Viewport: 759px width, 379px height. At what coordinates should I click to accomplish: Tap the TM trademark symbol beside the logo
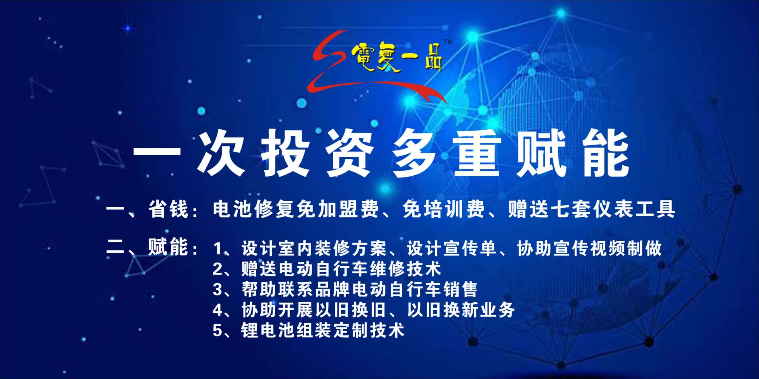(448, 42)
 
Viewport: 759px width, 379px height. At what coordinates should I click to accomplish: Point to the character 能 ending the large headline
(606, 153)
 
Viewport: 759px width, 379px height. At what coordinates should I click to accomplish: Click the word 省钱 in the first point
(168, 209)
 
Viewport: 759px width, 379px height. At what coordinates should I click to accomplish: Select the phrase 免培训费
(444, 209)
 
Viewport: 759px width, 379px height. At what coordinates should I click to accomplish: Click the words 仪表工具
(634, 209)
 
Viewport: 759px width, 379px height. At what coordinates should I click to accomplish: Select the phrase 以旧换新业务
(461, 310)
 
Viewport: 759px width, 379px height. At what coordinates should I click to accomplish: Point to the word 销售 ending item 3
(460, 289)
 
